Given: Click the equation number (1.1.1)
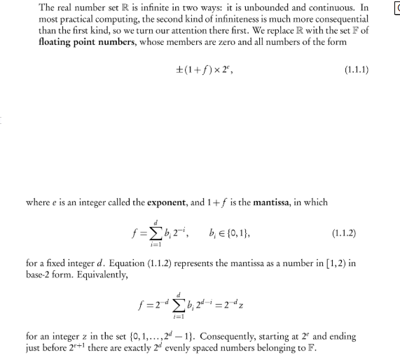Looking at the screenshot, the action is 357,69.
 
